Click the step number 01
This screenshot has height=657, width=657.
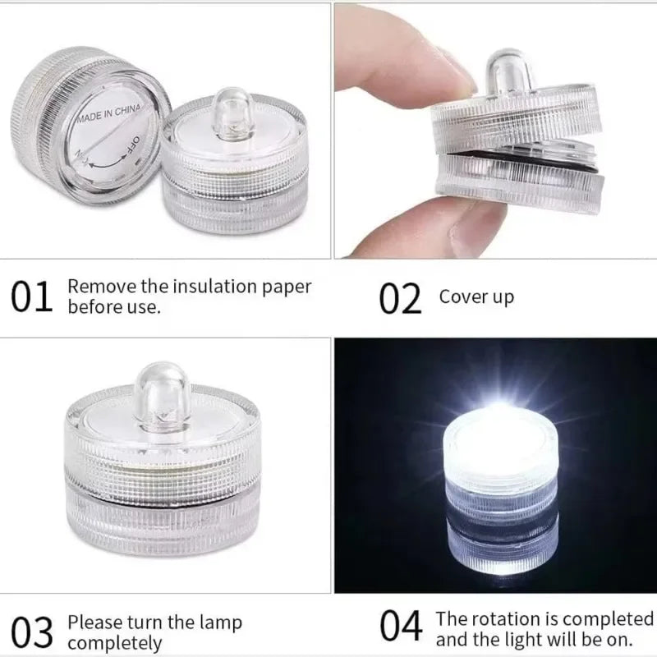tap(31, 297)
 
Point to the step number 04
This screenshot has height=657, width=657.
tap(400, 627)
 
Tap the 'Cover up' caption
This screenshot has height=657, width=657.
tap(476, 296)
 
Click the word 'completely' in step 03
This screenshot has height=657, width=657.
tap(114, 643)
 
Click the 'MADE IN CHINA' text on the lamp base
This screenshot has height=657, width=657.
tap(108, 113)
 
